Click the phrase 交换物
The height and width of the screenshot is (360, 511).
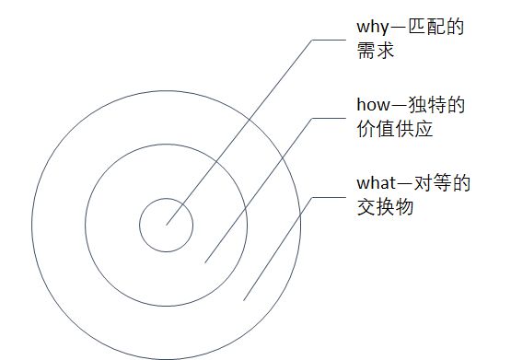tap(384, 209)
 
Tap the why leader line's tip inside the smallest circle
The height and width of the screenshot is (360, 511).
tap(167, 223)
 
